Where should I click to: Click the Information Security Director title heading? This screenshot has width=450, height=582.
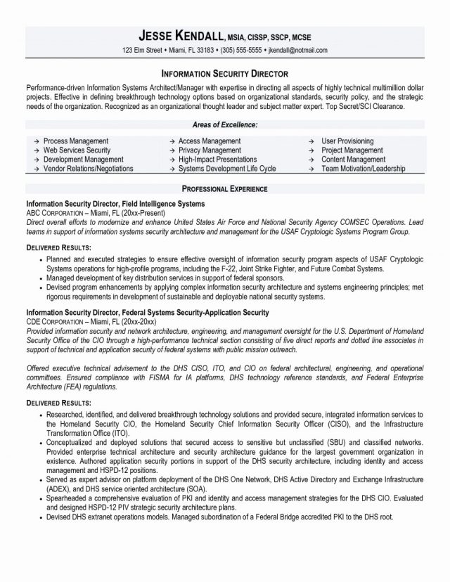(x=225, y=72)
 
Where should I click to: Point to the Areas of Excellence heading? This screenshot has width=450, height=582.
(x=225, y=124)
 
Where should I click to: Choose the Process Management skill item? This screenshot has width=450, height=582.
(x=76, y=141)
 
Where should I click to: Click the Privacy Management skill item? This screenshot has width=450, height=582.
(x=209, y=150)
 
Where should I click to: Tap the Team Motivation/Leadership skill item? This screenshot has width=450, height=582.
(x=364, y=169)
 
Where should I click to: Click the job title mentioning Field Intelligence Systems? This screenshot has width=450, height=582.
(x=116, y=203)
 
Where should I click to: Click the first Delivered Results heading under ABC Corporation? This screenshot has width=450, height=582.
(x=58, y=248)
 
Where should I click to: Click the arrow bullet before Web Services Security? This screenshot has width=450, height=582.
(x=34, y=150)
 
